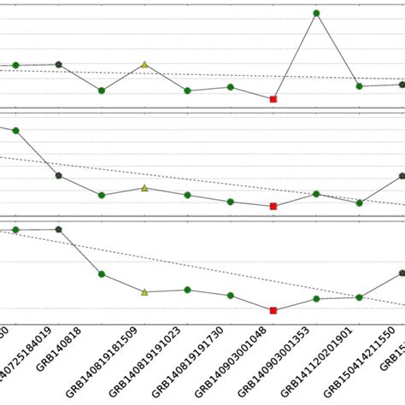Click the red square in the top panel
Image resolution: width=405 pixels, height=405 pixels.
273,99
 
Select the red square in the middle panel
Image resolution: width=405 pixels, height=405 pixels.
273,206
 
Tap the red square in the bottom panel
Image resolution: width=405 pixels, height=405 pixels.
273,310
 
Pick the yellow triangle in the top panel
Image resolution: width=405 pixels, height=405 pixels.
144,64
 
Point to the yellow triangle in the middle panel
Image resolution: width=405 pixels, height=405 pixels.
144,187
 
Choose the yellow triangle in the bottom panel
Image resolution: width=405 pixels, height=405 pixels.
144,291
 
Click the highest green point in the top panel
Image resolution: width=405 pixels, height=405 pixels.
316,14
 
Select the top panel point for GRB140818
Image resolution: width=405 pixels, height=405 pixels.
58,64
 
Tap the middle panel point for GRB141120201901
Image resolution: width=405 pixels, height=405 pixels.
359,202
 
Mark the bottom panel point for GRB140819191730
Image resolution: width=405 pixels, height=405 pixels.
231,296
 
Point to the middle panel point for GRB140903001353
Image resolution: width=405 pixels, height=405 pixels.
316,194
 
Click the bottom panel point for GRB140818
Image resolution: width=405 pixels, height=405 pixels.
58,229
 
